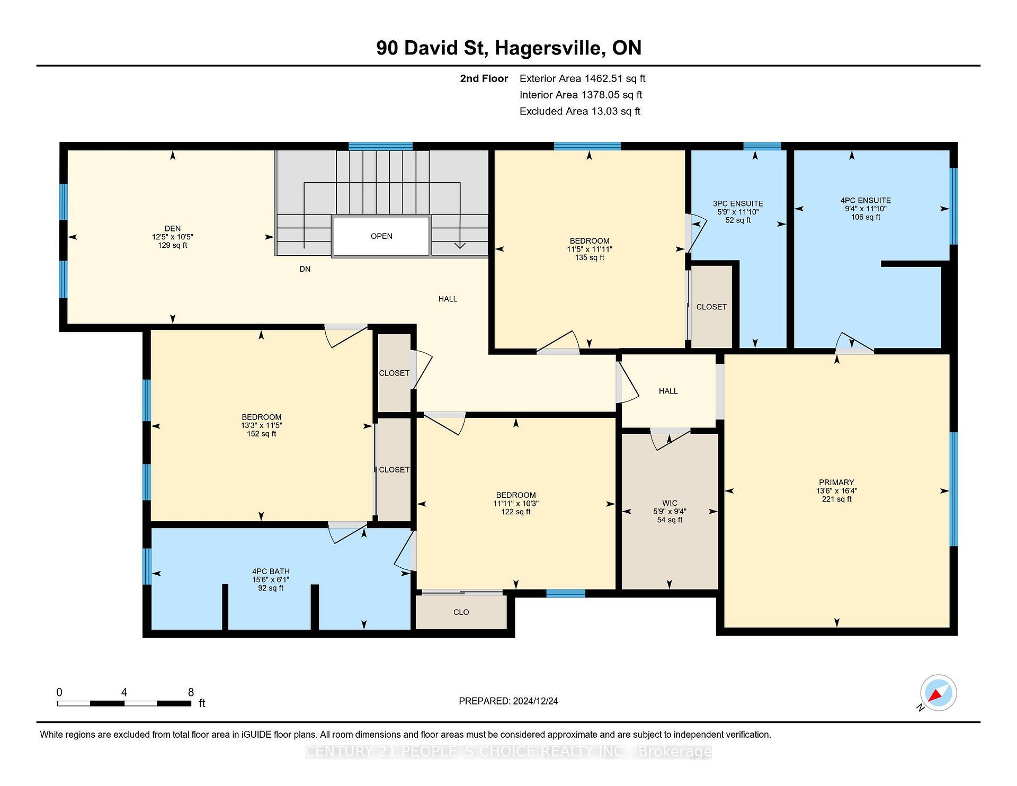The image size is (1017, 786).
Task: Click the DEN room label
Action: pyautogui.click(x=172, y=228)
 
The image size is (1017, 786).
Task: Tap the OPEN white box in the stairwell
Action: pyautogui.click(x=381, y=236)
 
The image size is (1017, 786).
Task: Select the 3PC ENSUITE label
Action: pyautogui.click(x=737, y=203)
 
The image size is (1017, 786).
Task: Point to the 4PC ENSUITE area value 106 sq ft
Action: pyautogui.click(x=866, y=217)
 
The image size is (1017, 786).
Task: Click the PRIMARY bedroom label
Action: pyautogui.click(x=836, y=483)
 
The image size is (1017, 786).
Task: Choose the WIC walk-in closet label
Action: pyautogui.click(x=669, y=503)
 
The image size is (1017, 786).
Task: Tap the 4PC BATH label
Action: pyautogui.click(x=271, y=571)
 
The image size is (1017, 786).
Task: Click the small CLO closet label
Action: pyautogui.click(x=461, y=612)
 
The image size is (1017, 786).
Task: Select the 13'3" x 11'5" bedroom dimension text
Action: pyautogui.click(x=261, y=425)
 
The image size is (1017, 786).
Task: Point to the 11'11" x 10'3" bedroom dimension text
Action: pyautogui.click(x=515, y=504)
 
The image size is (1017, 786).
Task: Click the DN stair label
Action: pyautogui.click(x=305, y=269)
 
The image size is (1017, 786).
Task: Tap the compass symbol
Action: pyautogui.click(x=938, y=693)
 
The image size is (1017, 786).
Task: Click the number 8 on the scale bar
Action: pyautogui.click(x=191, y=692)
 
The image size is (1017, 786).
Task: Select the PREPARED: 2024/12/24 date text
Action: pyautogui.click(x=508, y=701)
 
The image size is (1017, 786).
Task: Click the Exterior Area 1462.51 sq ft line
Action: pyautogui.click(x=582, y=79)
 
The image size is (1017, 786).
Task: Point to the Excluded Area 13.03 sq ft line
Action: pyautogui.click(x=579, y=111)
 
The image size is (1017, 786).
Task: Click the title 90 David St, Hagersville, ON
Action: pyautogui.click(x=508, y=48)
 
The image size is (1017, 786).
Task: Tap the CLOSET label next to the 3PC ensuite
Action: pyautogui.click(x=711, y=307)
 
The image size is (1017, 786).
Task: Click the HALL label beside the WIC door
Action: pyautogui.click(x=668, y=391)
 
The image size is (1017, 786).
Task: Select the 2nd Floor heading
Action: pyautogui.click(x=484, y=79)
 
